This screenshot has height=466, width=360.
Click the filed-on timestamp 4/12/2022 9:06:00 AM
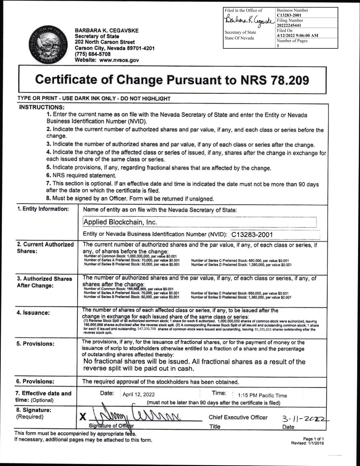[298, 36]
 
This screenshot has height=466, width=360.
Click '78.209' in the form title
[288, 80]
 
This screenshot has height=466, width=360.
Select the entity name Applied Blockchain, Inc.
[120, 222]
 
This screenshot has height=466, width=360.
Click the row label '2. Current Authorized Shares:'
[45, 248]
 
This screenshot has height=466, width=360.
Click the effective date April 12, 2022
[139, 395]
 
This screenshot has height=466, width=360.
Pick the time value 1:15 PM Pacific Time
[262, 396]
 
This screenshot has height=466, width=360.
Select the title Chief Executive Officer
[238, 417]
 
